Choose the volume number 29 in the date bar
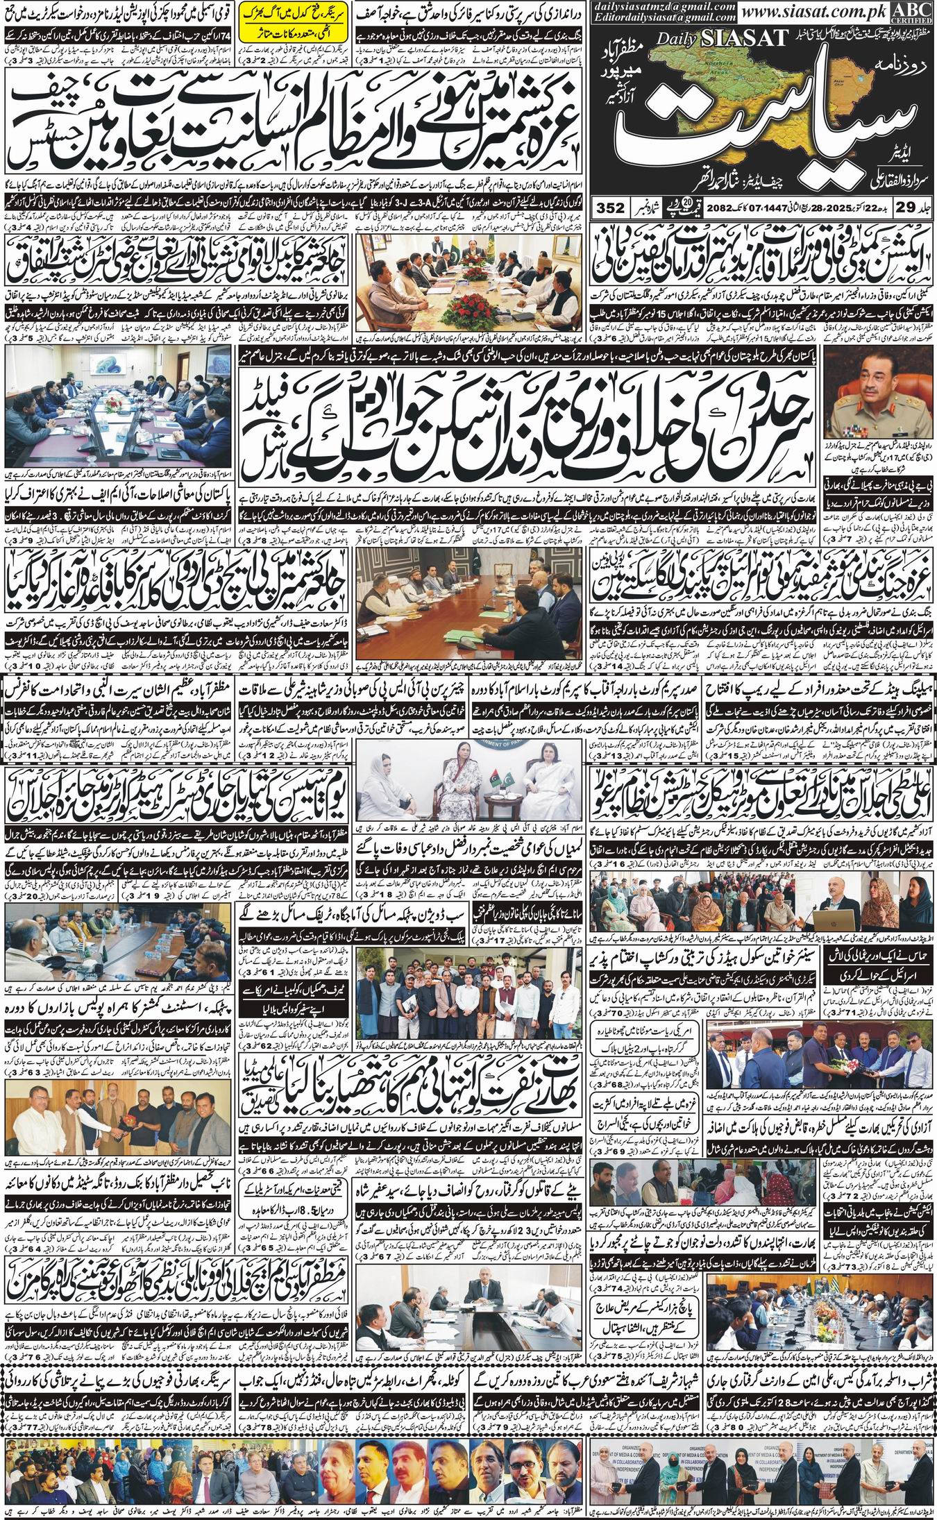point(900,208)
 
